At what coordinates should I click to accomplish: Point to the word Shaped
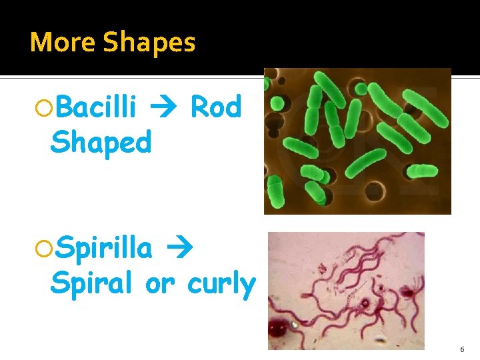coord(101,142)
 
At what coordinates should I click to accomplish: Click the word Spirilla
coord(104,249)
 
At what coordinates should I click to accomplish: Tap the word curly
coord(221,285)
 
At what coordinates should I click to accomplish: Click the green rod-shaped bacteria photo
coord(357,141)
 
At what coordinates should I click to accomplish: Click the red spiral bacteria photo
coord(346,291)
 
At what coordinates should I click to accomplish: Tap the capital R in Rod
coord(199,107)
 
